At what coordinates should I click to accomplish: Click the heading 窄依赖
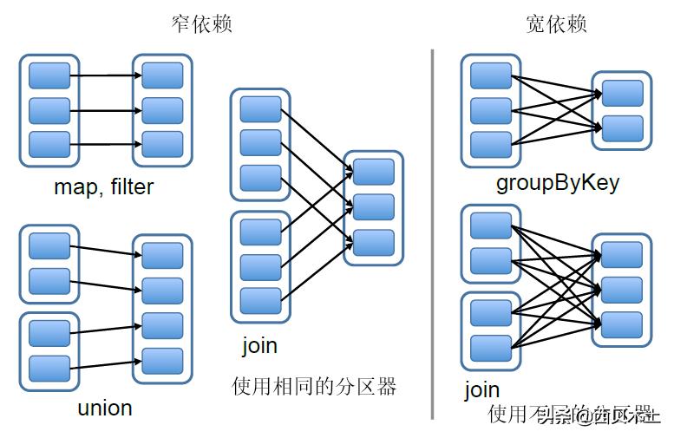[202, 23]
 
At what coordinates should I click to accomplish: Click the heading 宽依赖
[556, 23]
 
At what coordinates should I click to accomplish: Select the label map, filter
[103, 186]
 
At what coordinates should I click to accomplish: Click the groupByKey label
[557, 183]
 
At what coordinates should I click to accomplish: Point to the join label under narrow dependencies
[259, 345]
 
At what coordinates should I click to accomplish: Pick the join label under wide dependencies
[481, 389]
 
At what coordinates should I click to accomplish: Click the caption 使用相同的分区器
[313, 386]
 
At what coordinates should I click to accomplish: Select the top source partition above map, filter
[49, 75]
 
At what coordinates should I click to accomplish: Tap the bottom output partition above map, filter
[162, 144]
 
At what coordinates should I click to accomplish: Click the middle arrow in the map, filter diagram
[106, 110]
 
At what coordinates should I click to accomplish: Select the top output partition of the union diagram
[162, 256]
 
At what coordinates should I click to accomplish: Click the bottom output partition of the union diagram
[162, 360]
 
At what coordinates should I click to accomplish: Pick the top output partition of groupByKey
[622, 94]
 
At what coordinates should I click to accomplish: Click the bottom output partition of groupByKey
[622, 128]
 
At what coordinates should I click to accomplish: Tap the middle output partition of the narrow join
[374, 207]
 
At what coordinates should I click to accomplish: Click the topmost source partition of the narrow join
[260, 109]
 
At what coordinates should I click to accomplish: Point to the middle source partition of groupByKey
[491, 110]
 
